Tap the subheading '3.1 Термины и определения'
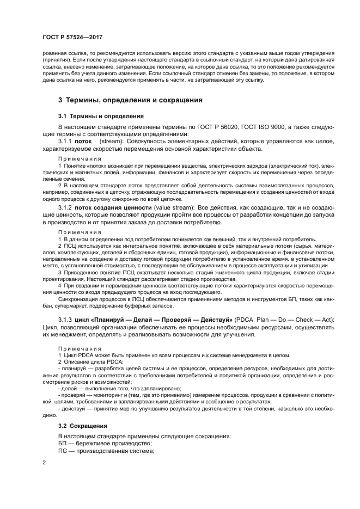pos(101,116)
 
